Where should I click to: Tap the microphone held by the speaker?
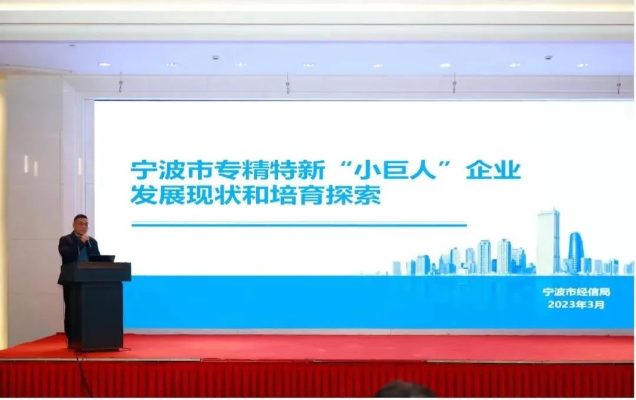[x=87, y=241]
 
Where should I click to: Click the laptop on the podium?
[x=101, y=258]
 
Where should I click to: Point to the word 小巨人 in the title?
[x=395, y=170]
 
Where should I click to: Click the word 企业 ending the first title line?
[x=493, y=170]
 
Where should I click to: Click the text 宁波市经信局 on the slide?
[x=576, y=292]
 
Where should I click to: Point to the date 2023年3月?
[x=576, y=304]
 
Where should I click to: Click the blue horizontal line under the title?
[x=299, y=224]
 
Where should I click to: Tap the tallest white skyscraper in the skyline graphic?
[x=548, y=242]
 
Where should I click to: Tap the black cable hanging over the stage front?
[x=82, y=373]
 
